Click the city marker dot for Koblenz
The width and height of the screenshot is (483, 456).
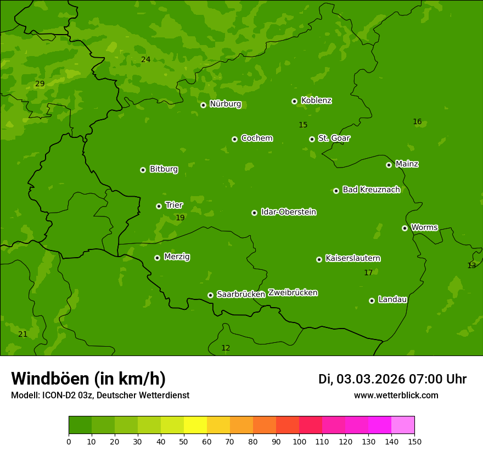pos(294,101)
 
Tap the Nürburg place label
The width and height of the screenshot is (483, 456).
pos(225,104)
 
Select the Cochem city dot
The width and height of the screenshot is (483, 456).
pos(234,139)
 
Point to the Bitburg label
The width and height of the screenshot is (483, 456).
pos(164,169)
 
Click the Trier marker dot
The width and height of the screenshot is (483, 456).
pos(159,206)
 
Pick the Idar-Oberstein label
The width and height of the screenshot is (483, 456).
pos(288,212)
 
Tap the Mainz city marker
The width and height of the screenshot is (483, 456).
pos(389,165)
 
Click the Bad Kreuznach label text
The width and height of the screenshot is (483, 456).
pos(371,190)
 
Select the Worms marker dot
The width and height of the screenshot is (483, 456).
pos(405,228)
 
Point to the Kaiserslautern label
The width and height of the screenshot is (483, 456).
pos(352,258)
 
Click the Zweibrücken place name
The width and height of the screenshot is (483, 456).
pos(293,293)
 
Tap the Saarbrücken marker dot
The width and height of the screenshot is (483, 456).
pos(210,295)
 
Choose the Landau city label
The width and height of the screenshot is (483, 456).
pos(392,299)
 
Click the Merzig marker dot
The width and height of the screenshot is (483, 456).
pos(157,258)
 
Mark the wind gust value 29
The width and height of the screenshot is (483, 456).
pos(40,84)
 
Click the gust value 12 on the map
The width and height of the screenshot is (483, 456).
pos(226,348)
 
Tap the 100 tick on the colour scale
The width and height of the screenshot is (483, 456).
pos(299,441)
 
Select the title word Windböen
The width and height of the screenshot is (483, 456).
pos(48,379)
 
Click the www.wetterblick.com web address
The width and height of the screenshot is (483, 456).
pos(396,395)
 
